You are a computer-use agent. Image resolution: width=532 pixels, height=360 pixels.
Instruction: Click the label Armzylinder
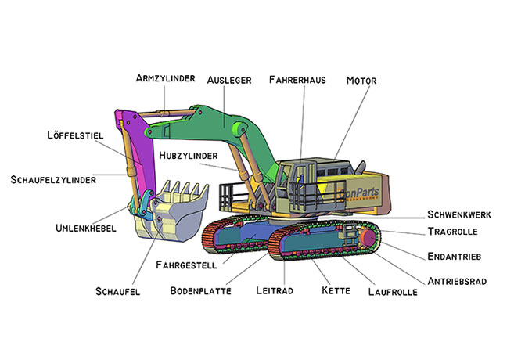(165, 78)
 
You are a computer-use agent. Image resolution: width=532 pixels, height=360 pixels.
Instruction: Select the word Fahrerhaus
(297, 80)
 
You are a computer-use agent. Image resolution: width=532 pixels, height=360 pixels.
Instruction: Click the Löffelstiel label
(75, 135)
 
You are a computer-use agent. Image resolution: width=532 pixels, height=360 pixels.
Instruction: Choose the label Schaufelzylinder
(53, 179)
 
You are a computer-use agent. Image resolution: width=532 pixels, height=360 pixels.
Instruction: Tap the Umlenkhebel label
(86, 229)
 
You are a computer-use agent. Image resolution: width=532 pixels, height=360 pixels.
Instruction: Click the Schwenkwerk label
(459, 214)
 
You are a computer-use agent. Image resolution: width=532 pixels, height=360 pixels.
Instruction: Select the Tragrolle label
(452, 232)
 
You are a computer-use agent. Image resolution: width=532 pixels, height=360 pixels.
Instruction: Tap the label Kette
(335, 290)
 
